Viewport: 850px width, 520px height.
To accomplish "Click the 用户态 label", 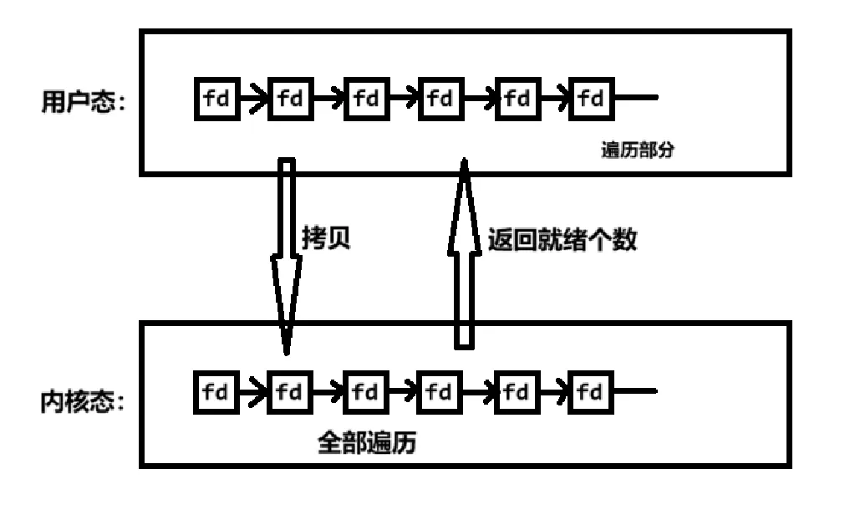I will (x=81, y=102).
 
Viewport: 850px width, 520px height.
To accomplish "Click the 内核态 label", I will (x=81, y=402).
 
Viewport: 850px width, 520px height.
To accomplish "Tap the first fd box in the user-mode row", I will (x=216, y=99).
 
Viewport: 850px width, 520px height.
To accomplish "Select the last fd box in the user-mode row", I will (x=591, y=99).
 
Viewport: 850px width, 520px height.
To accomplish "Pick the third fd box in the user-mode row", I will (x=366, y=99).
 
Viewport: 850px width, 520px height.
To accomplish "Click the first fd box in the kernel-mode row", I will (x=216, y=391).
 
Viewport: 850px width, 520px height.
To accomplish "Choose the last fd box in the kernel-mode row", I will (x=591, y=391).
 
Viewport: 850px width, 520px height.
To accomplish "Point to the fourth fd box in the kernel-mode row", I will (x=440, y=391).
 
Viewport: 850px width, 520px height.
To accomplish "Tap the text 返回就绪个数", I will (x=562, y=240).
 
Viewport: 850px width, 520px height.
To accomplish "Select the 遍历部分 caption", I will (x=637, y=151).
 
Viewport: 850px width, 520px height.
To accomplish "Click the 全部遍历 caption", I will (x=366, y=441).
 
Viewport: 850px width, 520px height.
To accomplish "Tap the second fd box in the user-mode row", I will (x=290, y=99).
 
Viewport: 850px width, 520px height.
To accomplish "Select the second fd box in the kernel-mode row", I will (x=290, y=391).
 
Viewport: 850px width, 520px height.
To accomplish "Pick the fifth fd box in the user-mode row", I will (x=517, y=99).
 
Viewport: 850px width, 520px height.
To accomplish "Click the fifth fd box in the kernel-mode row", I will (x=517, y=391).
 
